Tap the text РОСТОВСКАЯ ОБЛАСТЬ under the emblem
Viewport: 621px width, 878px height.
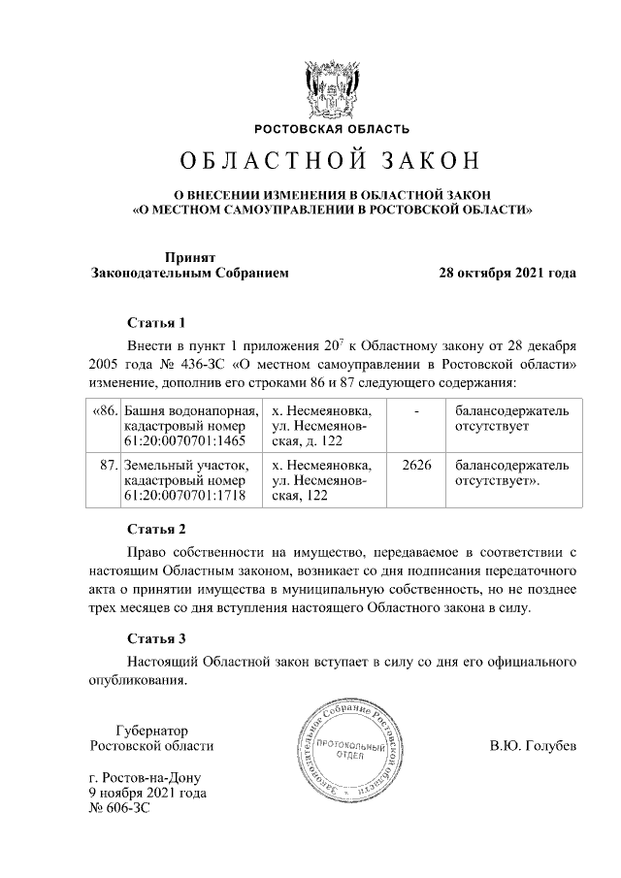point(332,129)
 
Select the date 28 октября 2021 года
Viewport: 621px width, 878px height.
point(508,273)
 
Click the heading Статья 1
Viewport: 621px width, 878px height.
point(156,322)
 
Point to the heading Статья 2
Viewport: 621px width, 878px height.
point(156,529)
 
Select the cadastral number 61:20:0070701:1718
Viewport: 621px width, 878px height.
point(185,496)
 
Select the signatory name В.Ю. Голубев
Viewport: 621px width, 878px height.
point(534,746)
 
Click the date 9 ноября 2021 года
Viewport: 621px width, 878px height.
point(147,793)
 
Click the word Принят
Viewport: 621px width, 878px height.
point(189,257)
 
